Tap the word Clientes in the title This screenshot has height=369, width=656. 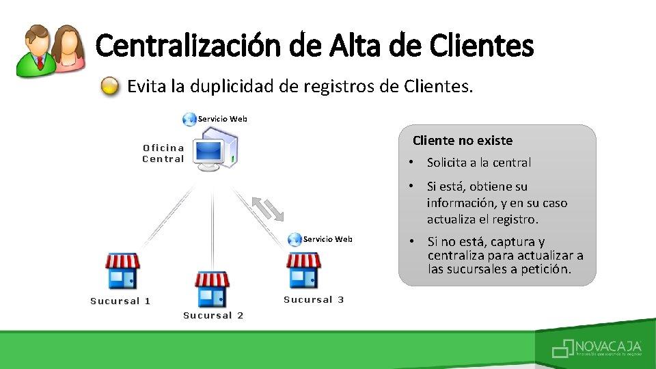[x=482, y=46]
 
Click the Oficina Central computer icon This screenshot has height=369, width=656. [x=214, y=153]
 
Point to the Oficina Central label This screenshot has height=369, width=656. [x=163, y=153]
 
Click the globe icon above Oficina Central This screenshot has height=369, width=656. [x=189, y=120]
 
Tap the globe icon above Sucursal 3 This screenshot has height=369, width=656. [x=295, y=239]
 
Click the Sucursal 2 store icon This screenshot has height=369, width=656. [x=212, y=288]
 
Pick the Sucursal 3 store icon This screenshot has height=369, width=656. [x=303, y=270]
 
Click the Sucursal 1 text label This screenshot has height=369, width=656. [x=120, y=301]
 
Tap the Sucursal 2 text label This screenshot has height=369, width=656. [x=213, y=316]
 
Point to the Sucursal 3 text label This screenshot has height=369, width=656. [x=314, y=300]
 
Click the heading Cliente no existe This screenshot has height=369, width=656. [x=462, y=141]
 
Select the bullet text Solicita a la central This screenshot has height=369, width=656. [x=478, y=163]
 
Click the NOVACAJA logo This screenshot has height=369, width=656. [x=597, y=348]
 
